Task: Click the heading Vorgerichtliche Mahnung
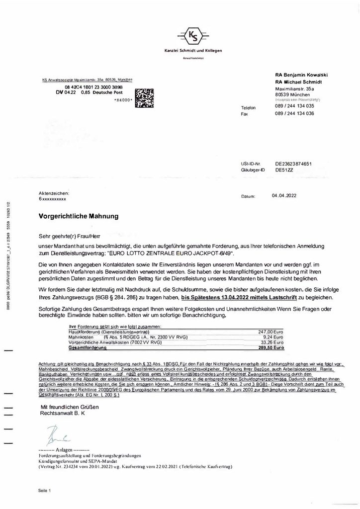78,216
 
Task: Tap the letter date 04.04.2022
284,195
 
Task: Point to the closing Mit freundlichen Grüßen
70,407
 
